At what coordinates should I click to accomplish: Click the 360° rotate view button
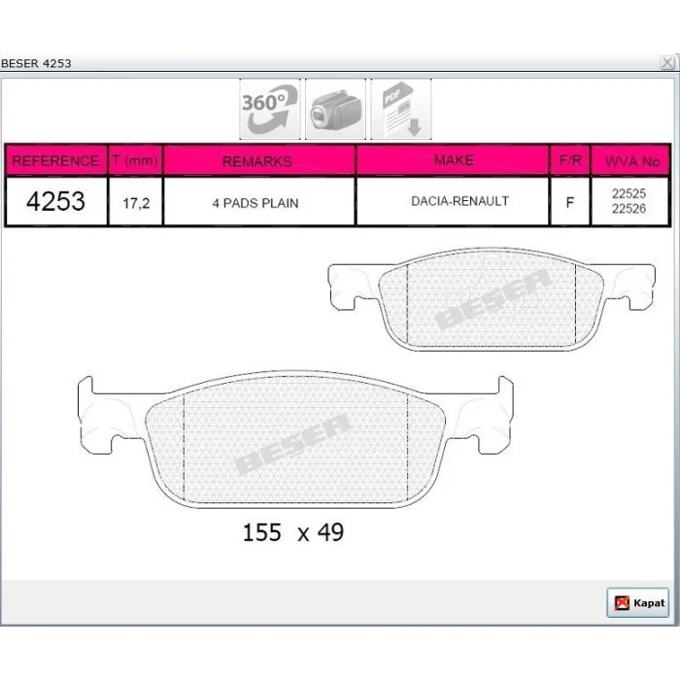270,109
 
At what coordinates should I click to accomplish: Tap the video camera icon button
336,109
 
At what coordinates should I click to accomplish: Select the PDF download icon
401,109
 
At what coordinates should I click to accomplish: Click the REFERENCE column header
55,161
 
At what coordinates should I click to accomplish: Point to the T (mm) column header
135,160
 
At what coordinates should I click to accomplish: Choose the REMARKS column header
257,161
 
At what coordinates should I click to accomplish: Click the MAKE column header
454,160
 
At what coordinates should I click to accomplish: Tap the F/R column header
570,160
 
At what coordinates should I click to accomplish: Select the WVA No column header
632,162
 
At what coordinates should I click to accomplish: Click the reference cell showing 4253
55,201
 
